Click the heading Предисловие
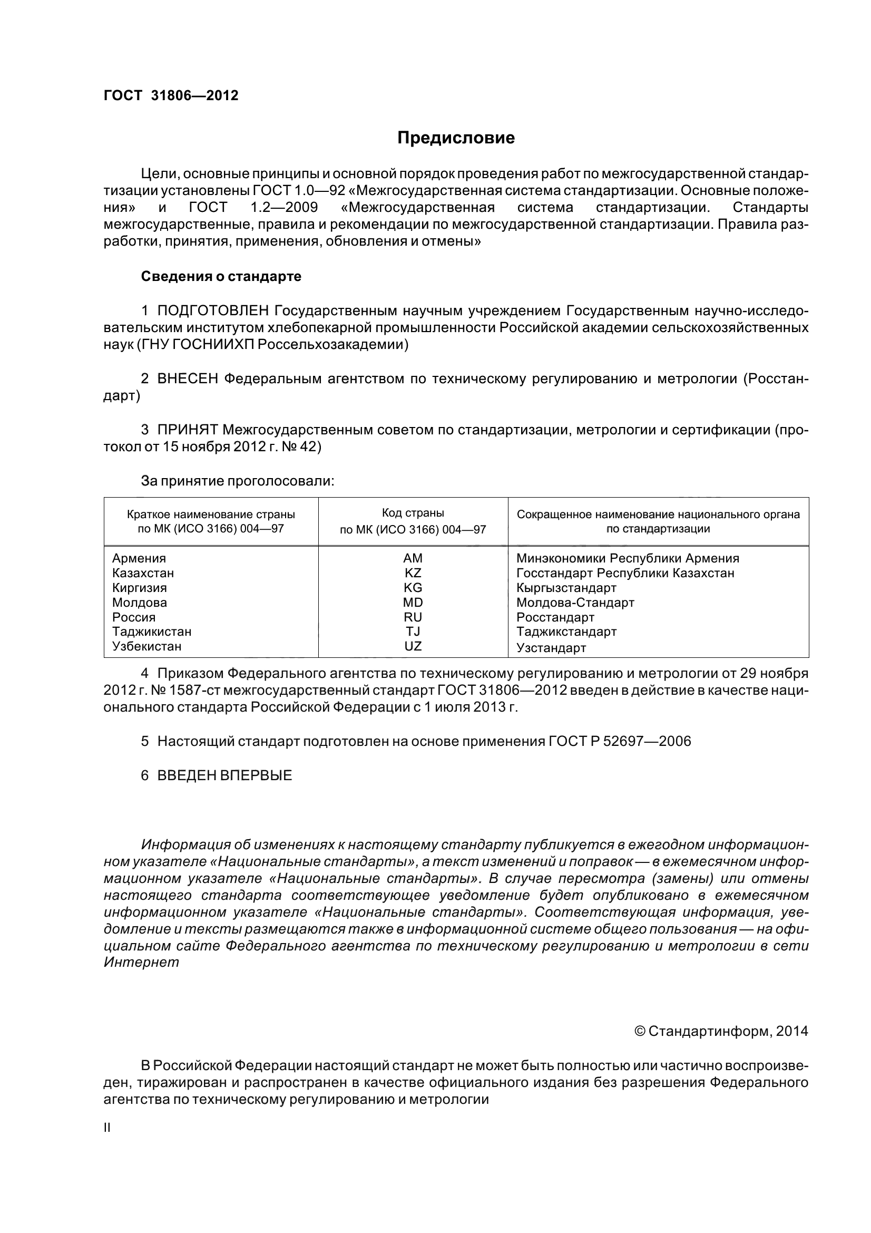[x=456, y=138]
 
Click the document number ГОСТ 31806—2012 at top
[x=171, y=95]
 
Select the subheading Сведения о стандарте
[x=221, y=277]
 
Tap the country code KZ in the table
[x=413, y=572]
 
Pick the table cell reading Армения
[x=139, y=558]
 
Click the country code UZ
[x=413, y=646]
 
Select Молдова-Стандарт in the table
[x=575, y=603]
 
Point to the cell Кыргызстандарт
[x=566, y=587]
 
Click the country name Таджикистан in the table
[x=151, y=632]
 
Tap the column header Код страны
[x=413, y=513]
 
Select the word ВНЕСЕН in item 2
[x=187, y=378]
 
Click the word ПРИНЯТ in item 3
[x=187, y=430]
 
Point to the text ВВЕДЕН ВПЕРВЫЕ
[x=224, y=775]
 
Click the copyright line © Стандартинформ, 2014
[x=721, y=1031]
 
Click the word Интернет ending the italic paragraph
[x=141, y=963]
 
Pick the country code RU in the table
[x=413, y=617]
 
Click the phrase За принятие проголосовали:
[x=237, y=481]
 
